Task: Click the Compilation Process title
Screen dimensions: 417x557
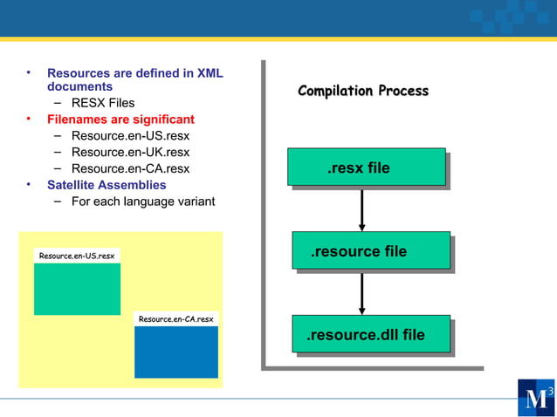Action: [x=363, y=91]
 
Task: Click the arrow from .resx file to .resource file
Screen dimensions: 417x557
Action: [x=361, y=209]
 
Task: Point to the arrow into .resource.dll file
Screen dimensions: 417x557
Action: [x=361, y=293]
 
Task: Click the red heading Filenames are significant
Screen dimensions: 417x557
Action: [x=120, y=119]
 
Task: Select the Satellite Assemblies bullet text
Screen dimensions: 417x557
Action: [x=107, y=185]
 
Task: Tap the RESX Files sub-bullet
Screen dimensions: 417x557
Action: [x=103, y=103]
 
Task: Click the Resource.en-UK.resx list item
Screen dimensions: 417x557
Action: [x=130, y=152]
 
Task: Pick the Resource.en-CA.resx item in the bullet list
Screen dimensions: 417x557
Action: [x=130, y=168]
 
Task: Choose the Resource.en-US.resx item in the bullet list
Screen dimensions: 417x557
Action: [x=130, y=135]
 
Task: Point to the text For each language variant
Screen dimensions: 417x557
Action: [x=143, y=202]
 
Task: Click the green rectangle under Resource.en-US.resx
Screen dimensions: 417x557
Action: [x=77, y=289]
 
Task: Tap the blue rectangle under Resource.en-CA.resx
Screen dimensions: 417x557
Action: [x=175, y=352]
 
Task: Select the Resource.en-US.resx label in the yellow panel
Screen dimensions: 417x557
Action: [x=77, y=256]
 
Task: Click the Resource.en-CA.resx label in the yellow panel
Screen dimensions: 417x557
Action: [x=175, y=319]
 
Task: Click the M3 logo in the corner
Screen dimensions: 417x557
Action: [x=534, y=398]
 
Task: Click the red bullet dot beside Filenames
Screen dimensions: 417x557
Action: [x=28, y=119]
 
